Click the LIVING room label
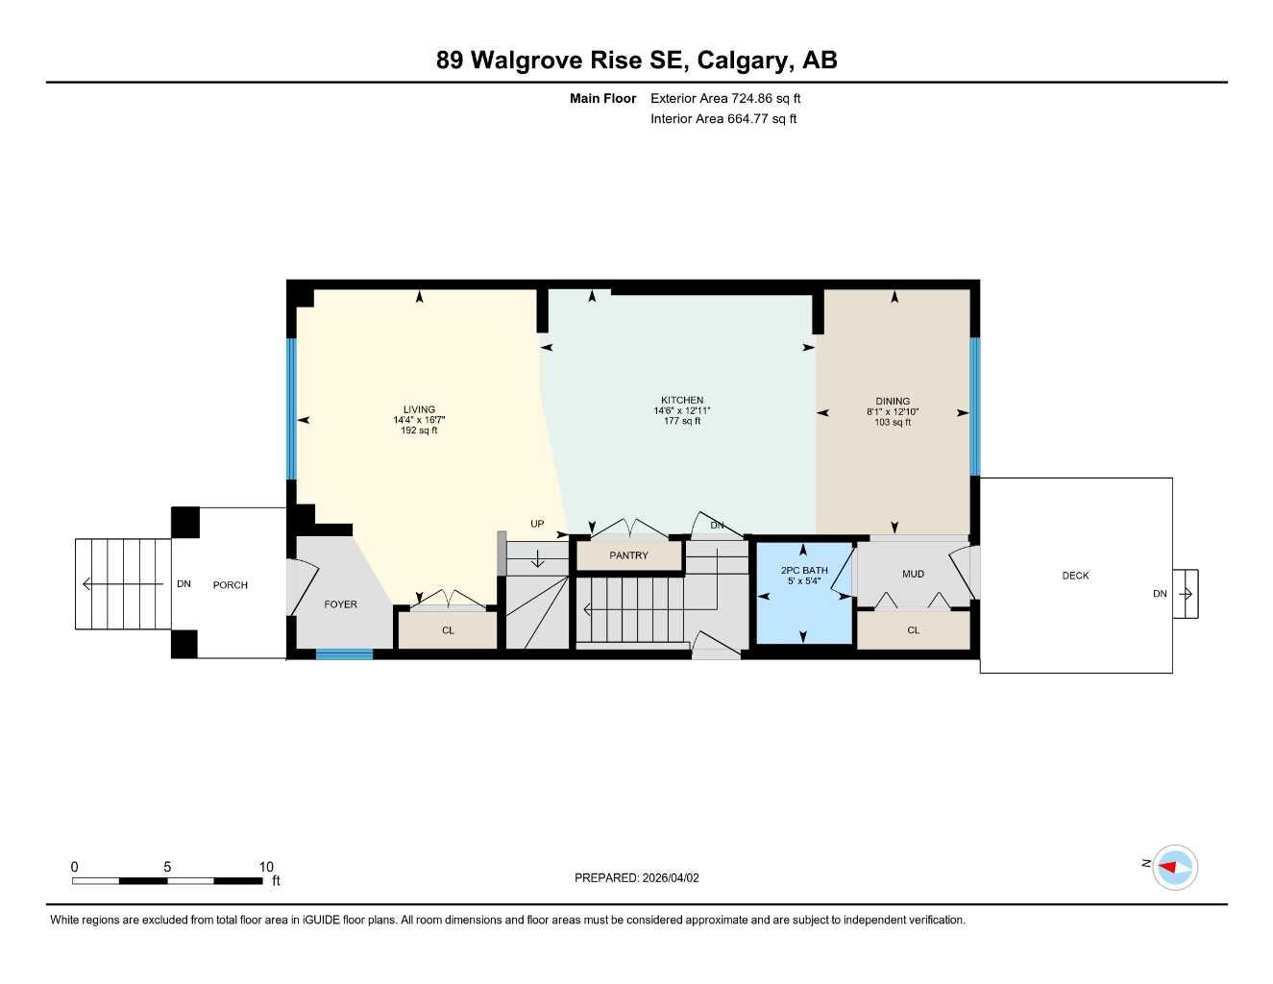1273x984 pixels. click(419, 409)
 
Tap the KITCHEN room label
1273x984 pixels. click(682, 400)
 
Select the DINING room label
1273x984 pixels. click(893, 401)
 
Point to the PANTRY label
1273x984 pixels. click(628, 555)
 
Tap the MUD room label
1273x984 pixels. click(913, 574)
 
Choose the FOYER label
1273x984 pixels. click(340, 604)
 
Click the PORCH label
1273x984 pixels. click(231, 585)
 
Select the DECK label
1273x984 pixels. click(1075, 576)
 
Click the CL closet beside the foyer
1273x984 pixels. click(448, 630)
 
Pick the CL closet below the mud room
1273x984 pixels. click(913, 630)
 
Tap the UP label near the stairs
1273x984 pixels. click(537, 524)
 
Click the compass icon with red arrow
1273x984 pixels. click(1174, 867)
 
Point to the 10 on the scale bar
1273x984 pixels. click(266, 867)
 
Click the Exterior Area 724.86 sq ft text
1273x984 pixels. click(725, 98)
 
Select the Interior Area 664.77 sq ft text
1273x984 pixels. click(723, 119)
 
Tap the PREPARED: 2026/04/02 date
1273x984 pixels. click(637, 877)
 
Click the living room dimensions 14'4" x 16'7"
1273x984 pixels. click(419, 420)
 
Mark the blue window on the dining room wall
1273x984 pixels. click(974, 406)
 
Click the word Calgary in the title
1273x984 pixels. click(740, 60)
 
